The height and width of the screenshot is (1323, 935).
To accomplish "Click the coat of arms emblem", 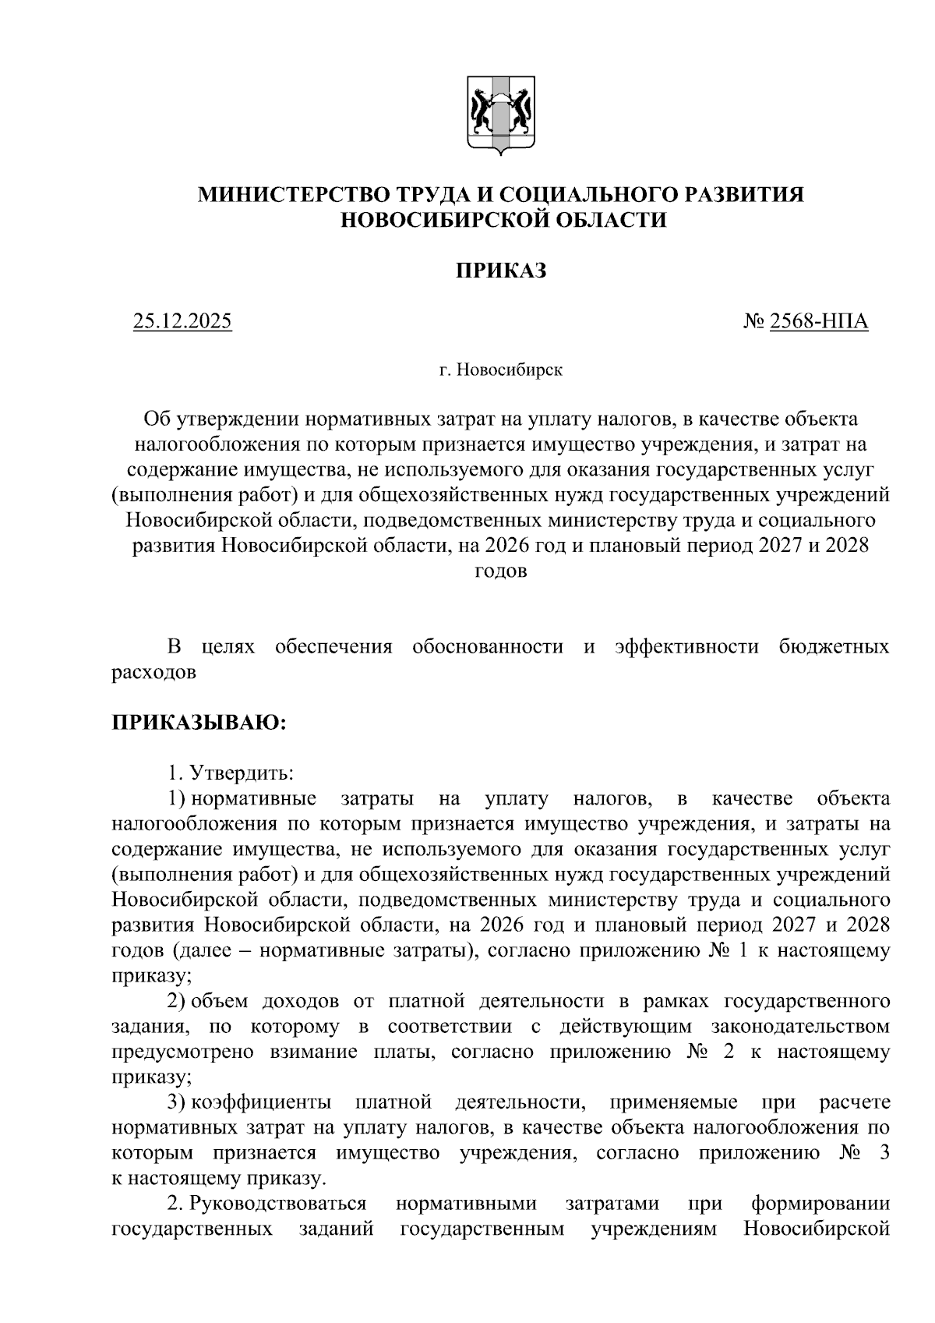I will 500,114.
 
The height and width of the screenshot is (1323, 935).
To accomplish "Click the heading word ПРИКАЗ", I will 500,271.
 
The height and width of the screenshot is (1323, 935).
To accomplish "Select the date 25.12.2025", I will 182,321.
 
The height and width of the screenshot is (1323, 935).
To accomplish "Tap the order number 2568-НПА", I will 818,321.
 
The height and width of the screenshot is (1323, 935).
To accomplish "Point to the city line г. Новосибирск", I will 500,370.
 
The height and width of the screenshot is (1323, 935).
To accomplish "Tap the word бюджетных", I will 834,647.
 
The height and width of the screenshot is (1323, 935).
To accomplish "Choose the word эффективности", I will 686,647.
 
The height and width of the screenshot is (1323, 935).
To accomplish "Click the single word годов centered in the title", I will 500,571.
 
